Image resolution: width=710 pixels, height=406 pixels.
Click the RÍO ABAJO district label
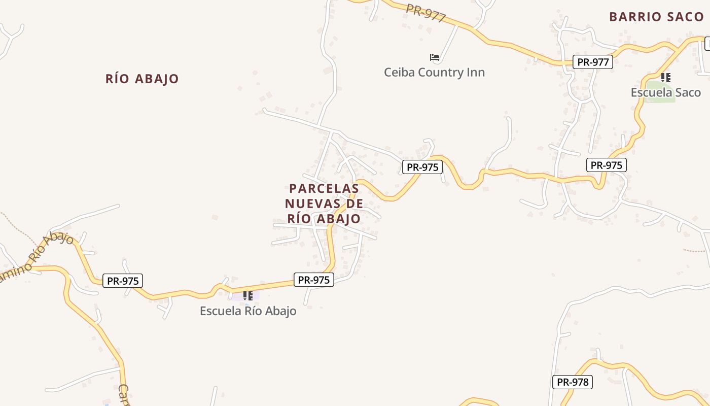(142, 79)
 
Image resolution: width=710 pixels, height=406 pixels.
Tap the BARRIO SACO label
(656, 17)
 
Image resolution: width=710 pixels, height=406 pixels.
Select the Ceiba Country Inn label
(434, 72)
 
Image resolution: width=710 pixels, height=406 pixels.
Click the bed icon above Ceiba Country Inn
(434, 57)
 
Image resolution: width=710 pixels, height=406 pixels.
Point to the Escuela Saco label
(665, 92)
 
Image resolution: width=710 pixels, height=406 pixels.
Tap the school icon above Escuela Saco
(666, 78)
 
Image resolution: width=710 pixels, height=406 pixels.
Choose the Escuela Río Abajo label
(248, 311)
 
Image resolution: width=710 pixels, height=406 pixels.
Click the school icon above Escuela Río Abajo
(247, 295)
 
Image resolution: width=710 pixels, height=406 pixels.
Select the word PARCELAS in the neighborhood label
(324, 188)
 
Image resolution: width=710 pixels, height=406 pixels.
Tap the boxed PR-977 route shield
(593, 62)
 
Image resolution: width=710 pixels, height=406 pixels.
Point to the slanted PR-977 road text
(426, 13)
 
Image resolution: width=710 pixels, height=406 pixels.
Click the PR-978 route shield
(573, 382)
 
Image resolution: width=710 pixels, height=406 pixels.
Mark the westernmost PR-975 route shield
(123, 281)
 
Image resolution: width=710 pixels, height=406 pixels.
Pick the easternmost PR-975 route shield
(607, 165)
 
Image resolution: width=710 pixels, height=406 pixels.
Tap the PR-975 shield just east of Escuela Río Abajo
(314, 280)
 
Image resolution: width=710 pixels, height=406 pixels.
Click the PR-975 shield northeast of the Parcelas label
(422, 167)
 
